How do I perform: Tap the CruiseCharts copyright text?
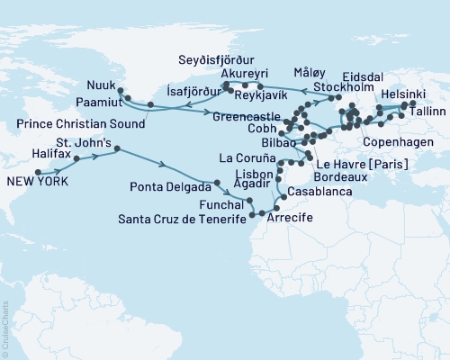pyautogui.click(x=6, y=328)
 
